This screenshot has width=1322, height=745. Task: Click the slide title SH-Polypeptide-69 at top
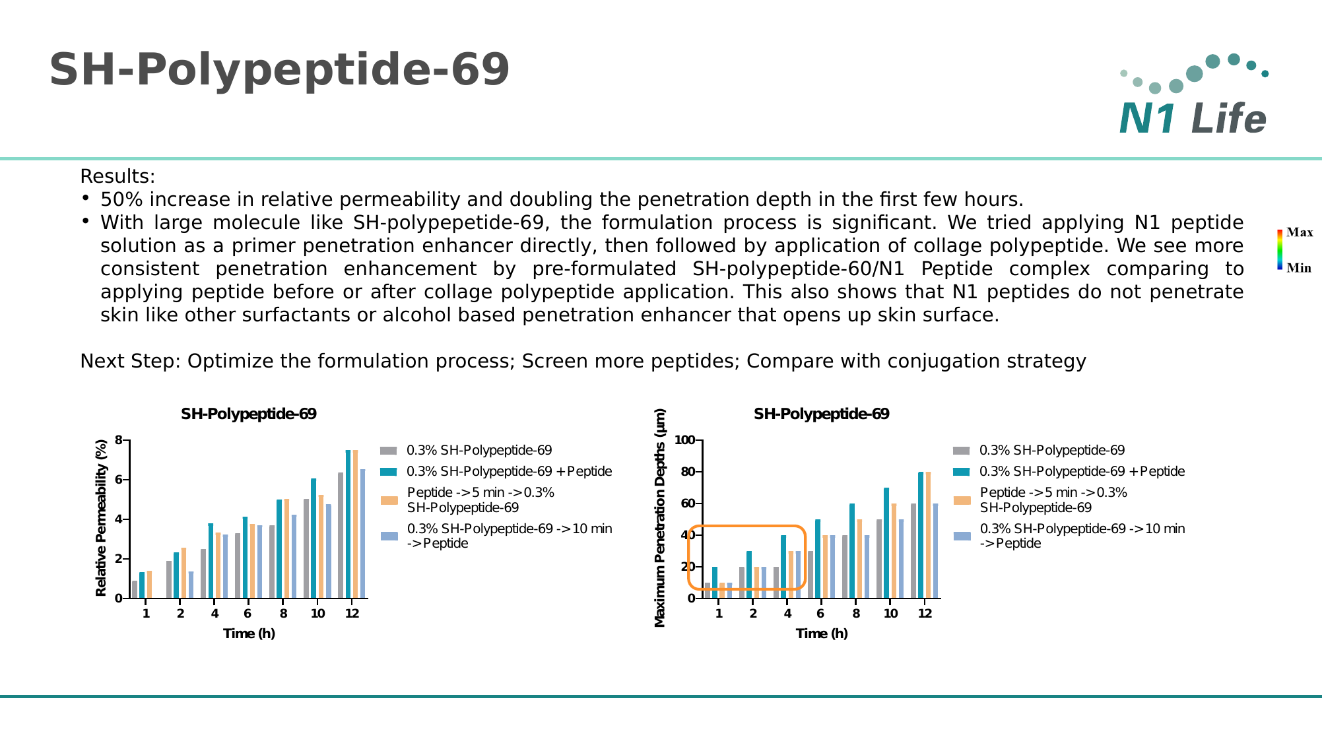279,70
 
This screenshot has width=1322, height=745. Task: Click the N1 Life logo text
1193,119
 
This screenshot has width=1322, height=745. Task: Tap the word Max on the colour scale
1300,232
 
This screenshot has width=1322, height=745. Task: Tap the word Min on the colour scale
1299,268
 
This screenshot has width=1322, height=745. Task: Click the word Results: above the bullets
117,177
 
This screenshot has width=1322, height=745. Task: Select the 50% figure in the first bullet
119,200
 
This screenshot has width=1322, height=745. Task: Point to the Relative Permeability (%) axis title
101,519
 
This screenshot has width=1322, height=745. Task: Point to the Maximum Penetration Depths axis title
660,519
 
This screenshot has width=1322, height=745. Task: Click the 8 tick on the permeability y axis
119,440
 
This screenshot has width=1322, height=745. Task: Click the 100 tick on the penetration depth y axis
684,440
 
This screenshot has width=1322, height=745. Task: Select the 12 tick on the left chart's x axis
352,614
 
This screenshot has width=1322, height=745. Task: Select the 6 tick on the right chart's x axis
820,614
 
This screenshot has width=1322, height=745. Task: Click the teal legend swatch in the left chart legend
389,472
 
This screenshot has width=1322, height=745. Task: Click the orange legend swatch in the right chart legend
962,500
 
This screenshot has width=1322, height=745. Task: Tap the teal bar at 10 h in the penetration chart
886,543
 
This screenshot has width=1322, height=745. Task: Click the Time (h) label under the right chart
822,633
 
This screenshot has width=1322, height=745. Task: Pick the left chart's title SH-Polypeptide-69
249,414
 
